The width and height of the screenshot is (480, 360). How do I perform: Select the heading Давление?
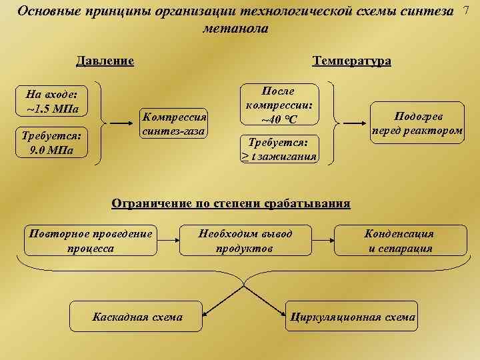(105, 61)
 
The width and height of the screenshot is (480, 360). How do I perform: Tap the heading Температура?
(352, 61)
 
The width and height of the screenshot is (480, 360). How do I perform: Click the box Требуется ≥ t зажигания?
(279, 149)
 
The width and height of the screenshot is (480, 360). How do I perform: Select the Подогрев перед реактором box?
(418, 123)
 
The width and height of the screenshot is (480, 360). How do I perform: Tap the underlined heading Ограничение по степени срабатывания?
(231, 203)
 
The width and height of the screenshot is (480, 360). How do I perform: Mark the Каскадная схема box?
(137, 317)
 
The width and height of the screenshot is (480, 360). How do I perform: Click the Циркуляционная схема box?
(351, 317)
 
